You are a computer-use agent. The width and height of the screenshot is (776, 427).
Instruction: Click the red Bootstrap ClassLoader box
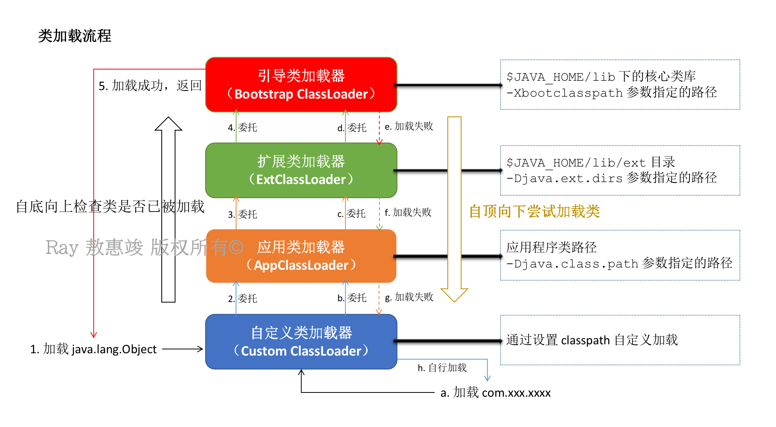pos(301,85)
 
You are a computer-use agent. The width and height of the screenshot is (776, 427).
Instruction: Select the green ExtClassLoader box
pos(301,170)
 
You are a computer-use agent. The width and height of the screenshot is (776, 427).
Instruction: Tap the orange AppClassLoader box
pos(301,256)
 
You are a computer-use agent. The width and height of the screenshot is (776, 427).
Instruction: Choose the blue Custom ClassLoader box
pos(301,342)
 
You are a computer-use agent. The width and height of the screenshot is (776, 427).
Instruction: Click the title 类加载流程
pos(74,36)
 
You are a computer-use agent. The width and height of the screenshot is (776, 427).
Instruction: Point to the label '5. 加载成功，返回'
pos(150,85)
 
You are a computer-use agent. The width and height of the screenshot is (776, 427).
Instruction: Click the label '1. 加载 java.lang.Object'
pos(94,349)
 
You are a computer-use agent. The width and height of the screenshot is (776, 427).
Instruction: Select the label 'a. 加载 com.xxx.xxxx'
pos(495,392)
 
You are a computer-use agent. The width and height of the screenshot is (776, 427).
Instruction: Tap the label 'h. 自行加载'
pos(442,368)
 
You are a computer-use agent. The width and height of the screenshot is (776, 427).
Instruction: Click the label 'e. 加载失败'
pos(409,126)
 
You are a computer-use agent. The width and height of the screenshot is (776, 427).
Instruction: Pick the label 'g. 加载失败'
pos(409,297)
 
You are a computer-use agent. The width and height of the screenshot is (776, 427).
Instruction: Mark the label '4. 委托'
pos(242,127)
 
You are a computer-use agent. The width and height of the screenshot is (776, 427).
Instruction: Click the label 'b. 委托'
pos(352,298)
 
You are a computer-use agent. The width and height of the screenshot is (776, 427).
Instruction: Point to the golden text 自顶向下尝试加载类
pos(535,212)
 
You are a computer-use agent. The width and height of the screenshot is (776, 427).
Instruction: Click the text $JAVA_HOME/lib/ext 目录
pos(591,162)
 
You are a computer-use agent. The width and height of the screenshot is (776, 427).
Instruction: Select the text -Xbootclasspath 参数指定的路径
pos(611,92)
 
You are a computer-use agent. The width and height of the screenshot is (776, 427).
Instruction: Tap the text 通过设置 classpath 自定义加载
pos(592,340)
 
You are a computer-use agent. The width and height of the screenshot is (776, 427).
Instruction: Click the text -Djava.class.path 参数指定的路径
pos(619,263)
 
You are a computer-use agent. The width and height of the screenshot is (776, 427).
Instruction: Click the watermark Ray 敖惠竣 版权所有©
pos(144,247)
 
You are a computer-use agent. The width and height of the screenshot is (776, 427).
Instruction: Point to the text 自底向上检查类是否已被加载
pos(110,207)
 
